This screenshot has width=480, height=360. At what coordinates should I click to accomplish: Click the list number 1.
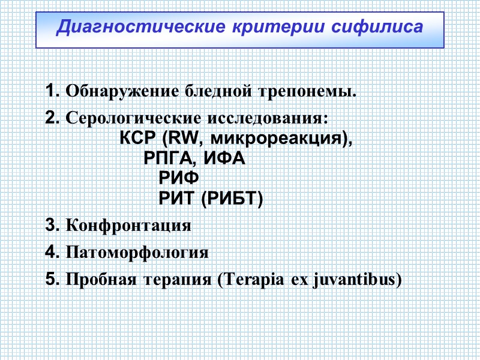tap(50, 92)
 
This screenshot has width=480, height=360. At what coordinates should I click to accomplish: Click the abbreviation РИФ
tap(178, 179)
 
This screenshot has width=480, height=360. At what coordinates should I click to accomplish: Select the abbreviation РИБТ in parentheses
tap(232, 199)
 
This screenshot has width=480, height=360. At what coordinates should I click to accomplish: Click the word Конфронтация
tap(128, 226)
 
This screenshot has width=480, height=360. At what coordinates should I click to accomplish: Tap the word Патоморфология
tap(137, 253)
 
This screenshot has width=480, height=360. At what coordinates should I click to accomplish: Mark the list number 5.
tap(50, 279)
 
